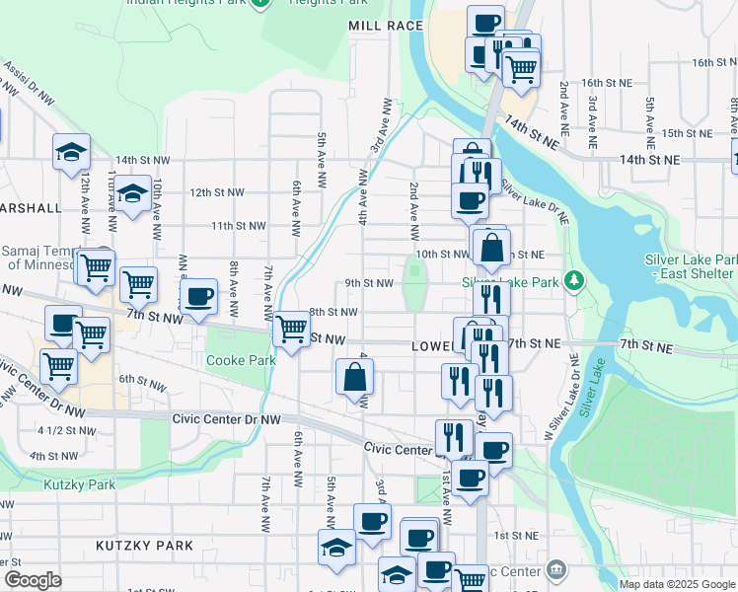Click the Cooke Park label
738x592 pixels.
(x=239, y=360)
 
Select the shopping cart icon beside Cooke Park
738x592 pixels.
(x=291, y=329)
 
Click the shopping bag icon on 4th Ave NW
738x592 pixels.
(x=355, y=377)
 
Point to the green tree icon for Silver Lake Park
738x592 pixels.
(x=575, y=282)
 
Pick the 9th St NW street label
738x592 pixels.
(x=369, y=283)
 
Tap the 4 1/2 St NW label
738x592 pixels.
(x=65, y=430)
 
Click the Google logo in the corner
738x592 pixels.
(x=33, y=580)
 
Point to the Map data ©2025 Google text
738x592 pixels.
(x=677, y=584)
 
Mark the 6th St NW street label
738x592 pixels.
(x=140, y=379)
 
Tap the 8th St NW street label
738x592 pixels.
(x=332, y=312)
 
